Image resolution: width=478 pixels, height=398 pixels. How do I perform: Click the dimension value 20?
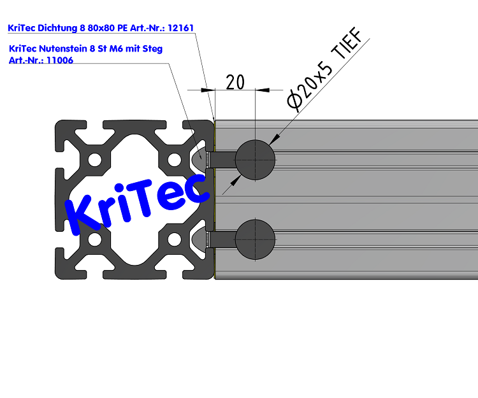point(235,82)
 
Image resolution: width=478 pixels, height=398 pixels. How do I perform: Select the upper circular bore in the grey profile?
point(255,159)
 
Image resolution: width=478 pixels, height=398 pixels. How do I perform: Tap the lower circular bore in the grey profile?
point(255,239)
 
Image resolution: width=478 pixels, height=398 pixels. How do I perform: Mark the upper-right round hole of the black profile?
point(174,159)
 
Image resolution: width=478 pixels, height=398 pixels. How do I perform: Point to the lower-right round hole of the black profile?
point(174,239)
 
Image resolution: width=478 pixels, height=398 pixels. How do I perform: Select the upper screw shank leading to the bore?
point(223,159)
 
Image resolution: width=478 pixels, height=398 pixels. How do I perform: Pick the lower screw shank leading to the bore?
point(223,239)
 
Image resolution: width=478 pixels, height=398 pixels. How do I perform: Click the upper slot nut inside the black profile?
point(200,159)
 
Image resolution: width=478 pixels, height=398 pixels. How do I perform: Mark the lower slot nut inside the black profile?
point(200,239)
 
